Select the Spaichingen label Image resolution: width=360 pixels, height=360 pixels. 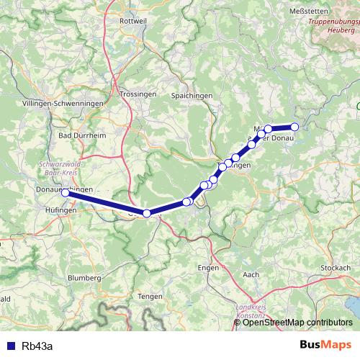click(191, 95)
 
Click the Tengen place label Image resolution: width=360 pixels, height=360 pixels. click(149, 296)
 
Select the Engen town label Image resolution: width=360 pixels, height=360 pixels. click(207, 266)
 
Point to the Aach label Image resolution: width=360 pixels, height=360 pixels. click(251, 274)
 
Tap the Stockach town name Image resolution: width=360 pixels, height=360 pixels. click(335, 267)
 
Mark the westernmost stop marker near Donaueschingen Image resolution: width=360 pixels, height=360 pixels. click(65, 193)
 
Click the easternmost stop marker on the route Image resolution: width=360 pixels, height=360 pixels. click(294, 127)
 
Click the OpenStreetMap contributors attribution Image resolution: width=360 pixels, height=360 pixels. click(297, 322)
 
